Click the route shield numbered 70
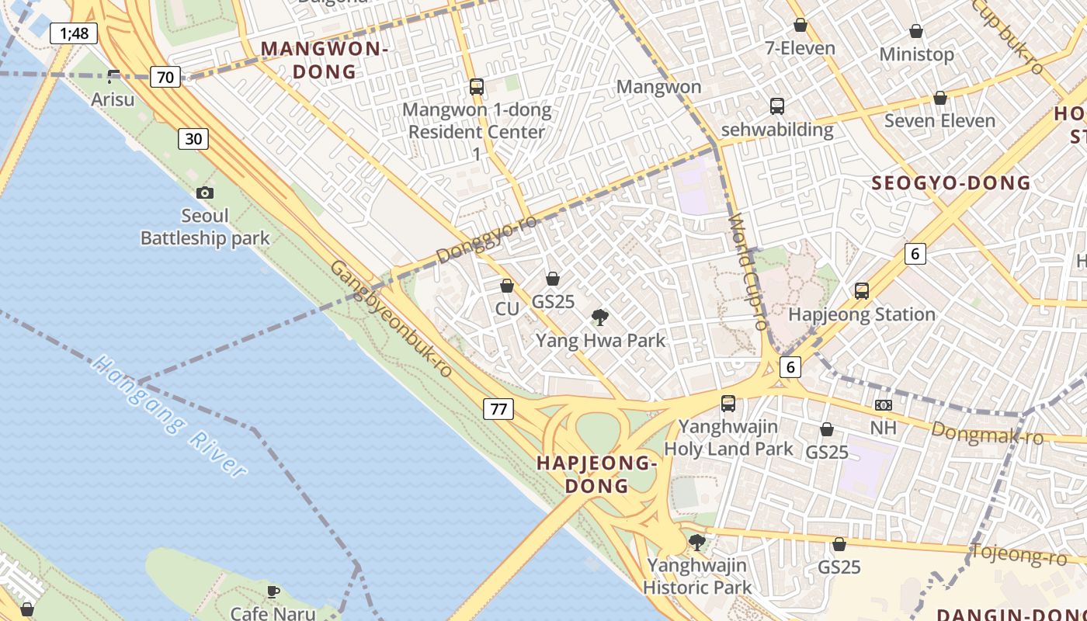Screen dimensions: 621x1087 click(x=165, y=77)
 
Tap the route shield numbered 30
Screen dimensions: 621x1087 click(x=193, y=139)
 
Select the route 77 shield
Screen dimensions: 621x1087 click(x=498, y=409)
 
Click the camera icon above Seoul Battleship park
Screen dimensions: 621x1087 click(x=205, y=193)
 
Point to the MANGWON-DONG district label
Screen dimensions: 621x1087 click(x=324, y=61)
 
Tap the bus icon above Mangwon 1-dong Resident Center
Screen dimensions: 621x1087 click(x=477, y=87)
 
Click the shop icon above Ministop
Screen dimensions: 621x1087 click(x=916, y=32)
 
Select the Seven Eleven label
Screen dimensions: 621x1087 click(x=939, y=121)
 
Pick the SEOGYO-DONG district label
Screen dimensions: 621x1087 click(x=951, y=183)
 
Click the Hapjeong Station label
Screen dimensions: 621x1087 click(x=862, y=314)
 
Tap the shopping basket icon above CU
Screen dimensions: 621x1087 click(x=507, y=286)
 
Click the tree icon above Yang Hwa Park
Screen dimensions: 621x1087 click(x=599, y=317)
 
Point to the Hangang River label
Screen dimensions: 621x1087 click(x=169, y=415)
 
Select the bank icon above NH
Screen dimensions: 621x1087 click(x=883, y=405)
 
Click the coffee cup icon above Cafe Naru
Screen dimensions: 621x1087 click(x=273, y=592)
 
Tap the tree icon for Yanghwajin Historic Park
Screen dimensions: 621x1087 click(x=697, y=542)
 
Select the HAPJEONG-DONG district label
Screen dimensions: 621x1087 click(x=597, y=474)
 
